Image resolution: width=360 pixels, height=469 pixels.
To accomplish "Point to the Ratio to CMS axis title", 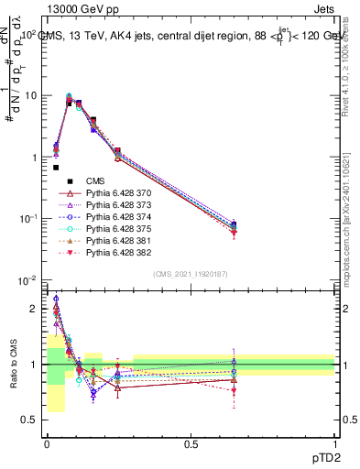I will coord(13,365).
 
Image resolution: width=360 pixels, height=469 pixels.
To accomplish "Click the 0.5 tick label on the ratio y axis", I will coord(28,420).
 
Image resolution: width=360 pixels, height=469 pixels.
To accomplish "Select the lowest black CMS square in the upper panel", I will coord(56,168).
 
